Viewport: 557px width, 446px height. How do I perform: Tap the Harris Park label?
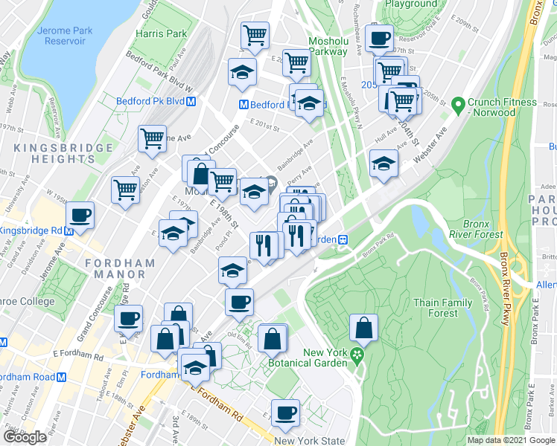pyautogui.click(x=161, y=34)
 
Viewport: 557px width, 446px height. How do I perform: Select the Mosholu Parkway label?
pyautogui.click(x=328, y=47)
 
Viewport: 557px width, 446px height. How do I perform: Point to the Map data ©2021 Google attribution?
pyautogui.click(x=511, y=440)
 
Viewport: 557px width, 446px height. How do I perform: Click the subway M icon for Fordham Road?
pyautogui.click(x=62, y=377)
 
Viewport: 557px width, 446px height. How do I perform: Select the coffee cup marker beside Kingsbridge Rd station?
pyautogui.click(x=80, y=216)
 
